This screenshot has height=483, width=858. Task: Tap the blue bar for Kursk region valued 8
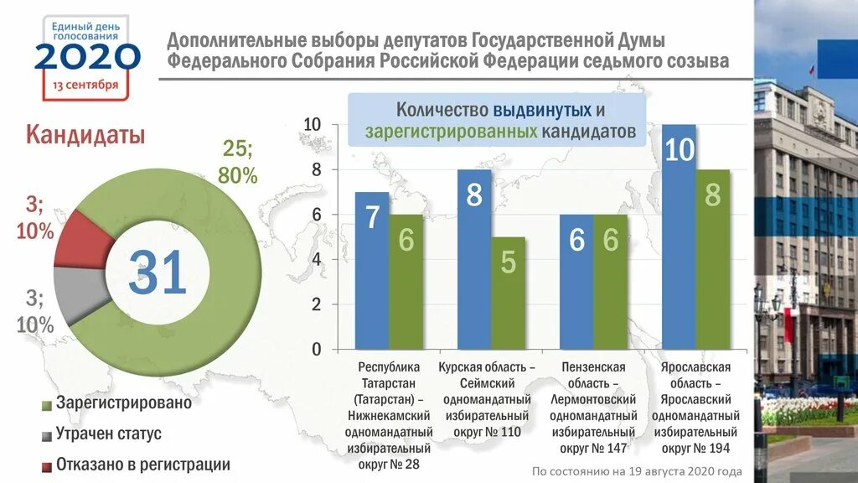pos(474,259)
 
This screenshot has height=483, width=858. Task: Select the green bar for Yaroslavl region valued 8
pos(712,259)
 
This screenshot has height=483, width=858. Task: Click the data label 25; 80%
pos(238,162)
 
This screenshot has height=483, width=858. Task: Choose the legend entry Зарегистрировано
pos(123,403)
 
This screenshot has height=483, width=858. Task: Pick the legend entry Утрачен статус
pos(108,434)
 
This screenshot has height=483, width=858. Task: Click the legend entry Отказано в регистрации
pos(142,465)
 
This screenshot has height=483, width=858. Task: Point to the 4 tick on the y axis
pos(316,260)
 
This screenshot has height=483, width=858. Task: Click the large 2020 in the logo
pos(86,57)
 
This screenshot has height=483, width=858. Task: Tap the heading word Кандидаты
pos(85,135)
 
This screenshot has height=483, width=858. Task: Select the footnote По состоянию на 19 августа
pos(637,471)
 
